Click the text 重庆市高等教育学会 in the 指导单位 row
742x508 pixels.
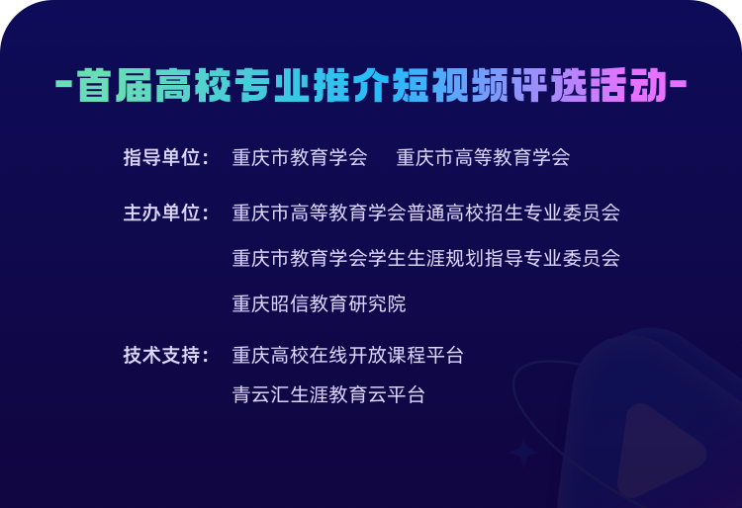[483, 157]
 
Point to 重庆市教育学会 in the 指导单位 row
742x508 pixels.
[300, 157]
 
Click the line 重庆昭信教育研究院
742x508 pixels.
[319, 303]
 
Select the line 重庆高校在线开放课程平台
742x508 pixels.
[348, 355]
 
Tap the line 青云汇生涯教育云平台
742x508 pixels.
[328, 394]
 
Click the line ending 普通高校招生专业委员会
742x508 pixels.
[425, 212]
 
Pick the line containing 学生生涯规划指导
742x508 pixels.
[425, 259]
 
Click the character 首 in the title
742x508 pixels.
[95, 85]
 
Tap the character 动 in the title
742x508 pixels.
[648, 85]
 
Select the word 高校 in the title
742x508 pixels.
[193, 85]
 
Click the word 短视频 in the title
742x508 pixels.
[450, 85]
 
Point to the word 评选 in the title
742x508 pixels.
[549, 85]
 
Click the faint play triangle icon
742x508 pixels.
[660, 452]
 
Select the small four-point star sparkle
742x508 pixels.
[523, 453]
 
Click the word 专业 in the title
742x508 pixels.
[273, 85]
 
